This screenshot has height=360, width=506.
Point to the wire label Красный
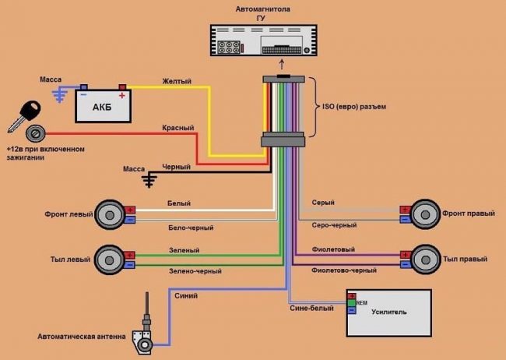(x=178, y=128)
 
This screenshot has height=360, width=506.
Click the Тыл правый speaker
(x=427, y=259)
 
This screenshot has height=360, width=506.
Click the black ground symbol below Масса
(x=148, y=181)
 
